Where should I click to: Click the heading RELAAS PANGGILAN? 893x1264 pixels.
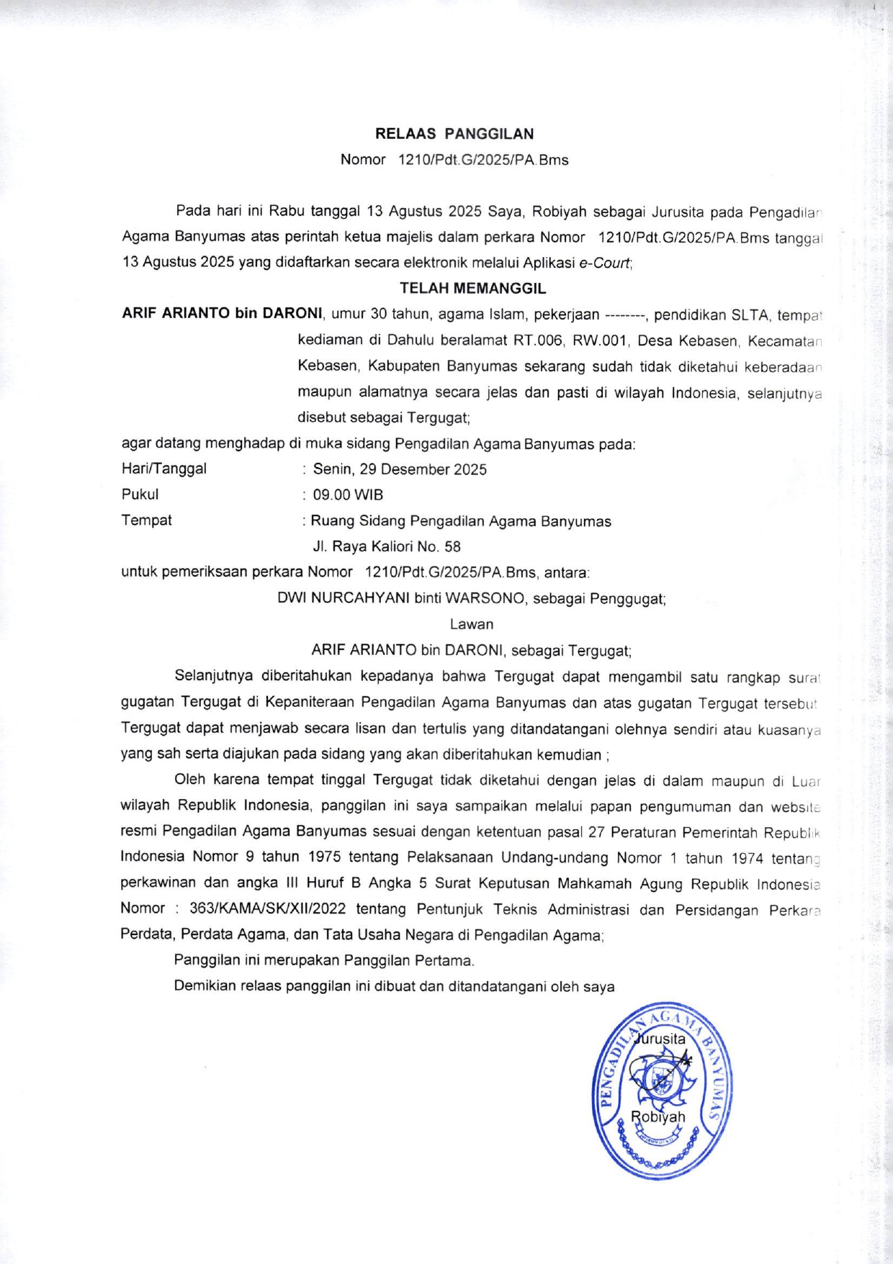tap(454, 134)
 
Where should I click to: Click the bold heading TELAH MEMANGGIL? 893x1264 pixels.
tap(472, 289)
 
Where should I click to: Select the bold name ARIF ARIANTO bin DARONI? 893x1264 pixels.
tap(223, 314)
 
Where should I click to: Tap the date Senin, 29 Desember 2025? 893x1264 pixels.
tap(400, 469)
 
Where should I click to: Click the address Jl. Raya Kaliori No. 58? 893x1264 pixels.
tap(387, 547)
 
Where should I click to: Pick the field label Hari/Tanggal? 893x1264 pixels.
tap(164, 469)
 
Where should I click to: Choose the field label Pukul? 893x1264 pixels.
tap(140, 495)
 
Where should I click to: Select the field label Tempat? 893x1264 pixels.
tap(147, 520)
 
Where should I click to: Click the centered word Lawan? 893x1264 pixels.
tap(472, 624)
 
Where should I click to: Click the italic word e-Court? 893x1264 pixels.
tap(605, 263)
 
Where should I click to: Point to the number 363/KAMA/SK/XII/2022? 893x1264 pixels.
tap(268, 908)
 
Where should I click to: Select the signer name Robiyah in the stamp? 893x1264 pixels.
tap(658, 1117)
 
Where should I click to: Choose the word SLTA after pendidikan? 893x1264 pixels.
tap(750, 315)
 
